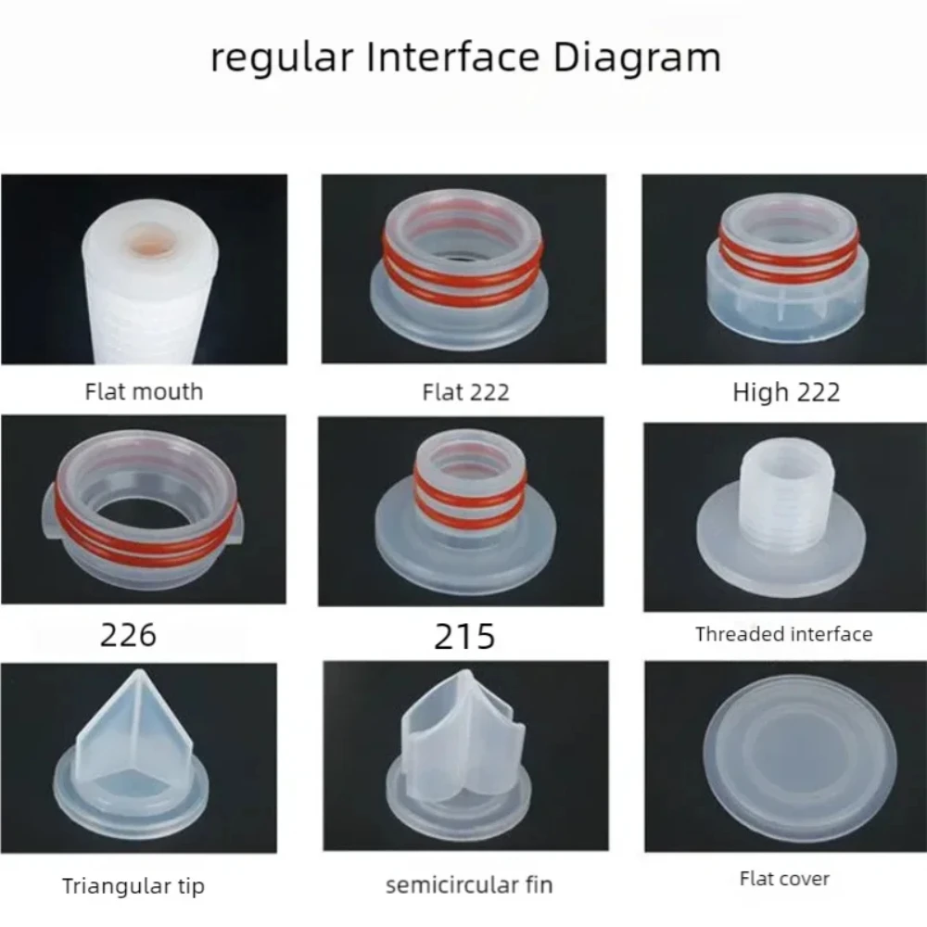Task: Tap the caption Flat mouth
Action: tap(144, 391)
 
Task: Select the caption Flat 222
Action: tap(465, 392)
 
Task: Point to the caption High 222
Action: tap(786, 392)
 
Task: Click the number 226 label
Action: tap(128, 635)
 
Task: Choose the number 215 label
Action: tap(464, 637)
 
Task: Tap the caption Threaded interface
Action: tap(783, 635)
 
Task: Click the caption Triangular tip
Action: tap(133, 885)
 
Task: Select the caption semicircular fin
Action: tap(469, 884)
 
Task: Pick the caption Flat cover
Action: tap(784, 878)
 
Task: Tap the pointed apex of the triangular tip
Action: tap(136, 675)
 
